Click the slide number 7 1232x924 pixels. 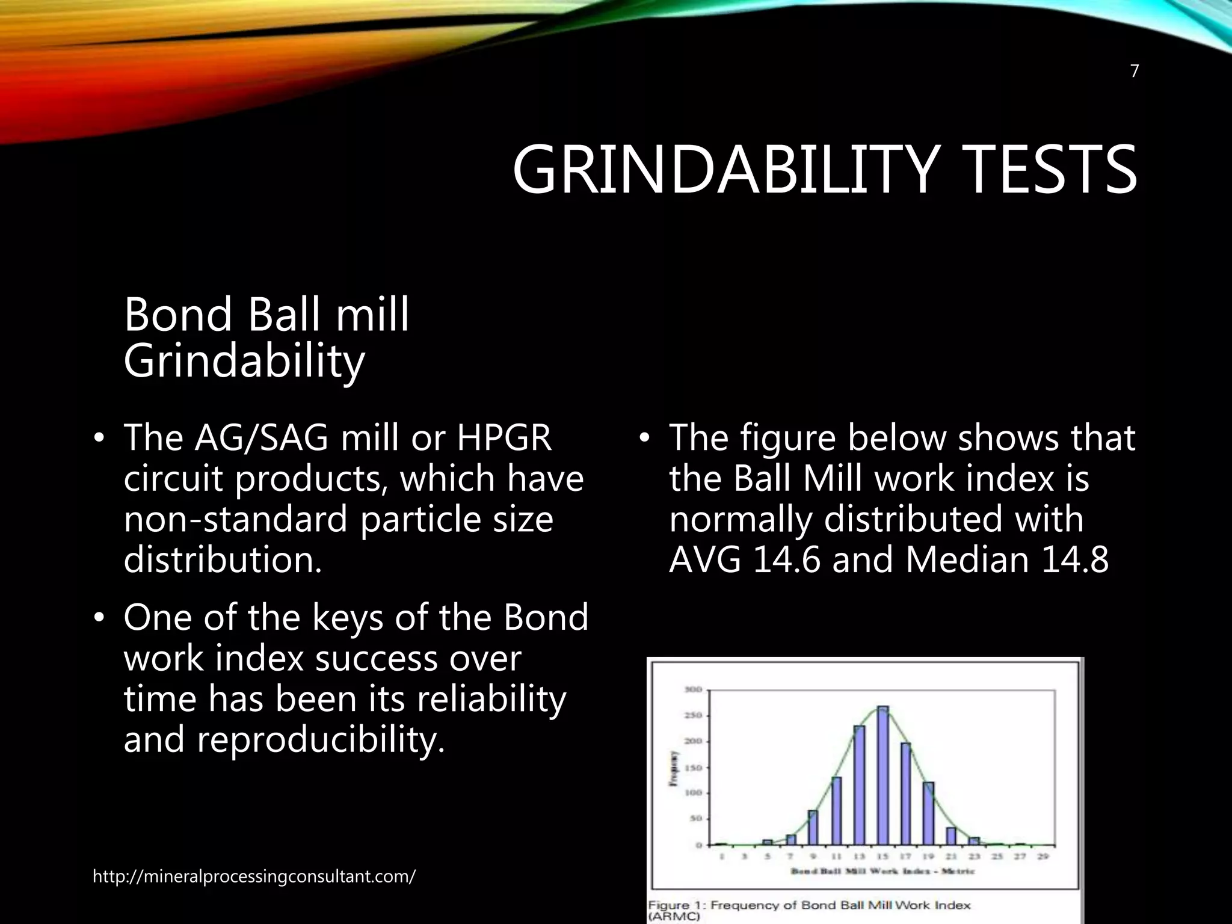pyautogui.click(x=1135, y=72)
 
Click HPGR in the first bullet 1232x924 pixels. pyautogui.click(x=504, y=438)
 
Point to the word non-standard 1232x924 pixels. pyautogui.click(x=235, y=519)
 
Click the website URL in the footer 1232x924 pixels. pyautogui.click(x=254, y=876)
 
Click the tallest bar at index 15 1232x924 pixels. pyautogui.click(x=882, y=776)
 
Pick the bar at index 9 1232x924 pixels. pyautogui.click(x=813, y=828)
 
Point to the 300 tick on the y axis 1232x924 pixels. pyautogui.click(x=692, y=689)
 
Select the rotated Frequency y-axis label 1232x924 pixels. pyautogui.click(x=677, y=767)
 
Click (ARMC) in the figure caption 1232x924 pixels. pyautogui.click(x=674, y=917)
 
